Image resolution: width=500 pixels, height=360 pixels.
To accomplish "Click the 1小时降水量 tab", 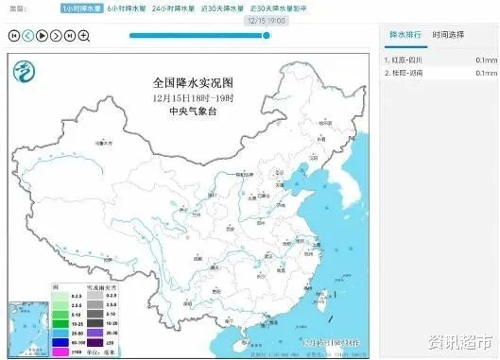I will [81, 7].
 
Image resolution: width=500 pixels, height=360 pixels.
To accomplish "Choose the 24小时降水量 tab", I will [177, 7].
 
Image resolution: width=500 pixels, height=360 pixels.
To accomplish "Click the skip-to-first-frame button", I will [13, 36].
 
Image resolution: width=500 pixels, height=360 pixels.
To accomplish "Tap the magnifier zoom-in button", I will [84, 36].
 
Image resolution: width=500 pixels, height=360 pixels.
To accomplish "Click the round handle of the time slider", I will [267, 36].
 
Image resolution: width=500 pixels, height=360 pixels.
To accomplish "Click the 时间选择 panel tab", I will [448, 35].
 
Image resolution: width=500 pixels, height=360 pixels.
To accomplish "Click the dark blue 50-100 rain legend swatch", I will [33, 340].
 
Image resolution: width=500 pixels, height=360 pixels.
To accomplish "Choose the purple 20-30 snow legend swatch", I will [72, 333].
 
